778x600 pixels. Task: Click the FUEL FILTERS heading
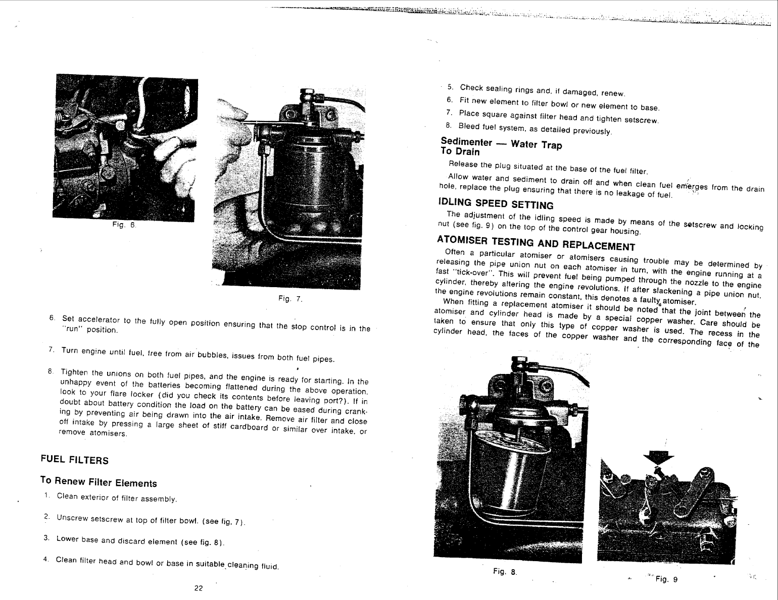coord(74,460)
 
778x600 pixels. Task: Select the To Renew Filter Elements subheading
coord(99,482)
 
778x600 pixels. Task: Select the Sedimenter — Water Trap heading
coord(501,143)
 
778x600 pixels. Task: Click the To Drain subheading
coord(460,151)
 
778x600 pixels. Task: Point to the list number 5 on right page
coord(450,87)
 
